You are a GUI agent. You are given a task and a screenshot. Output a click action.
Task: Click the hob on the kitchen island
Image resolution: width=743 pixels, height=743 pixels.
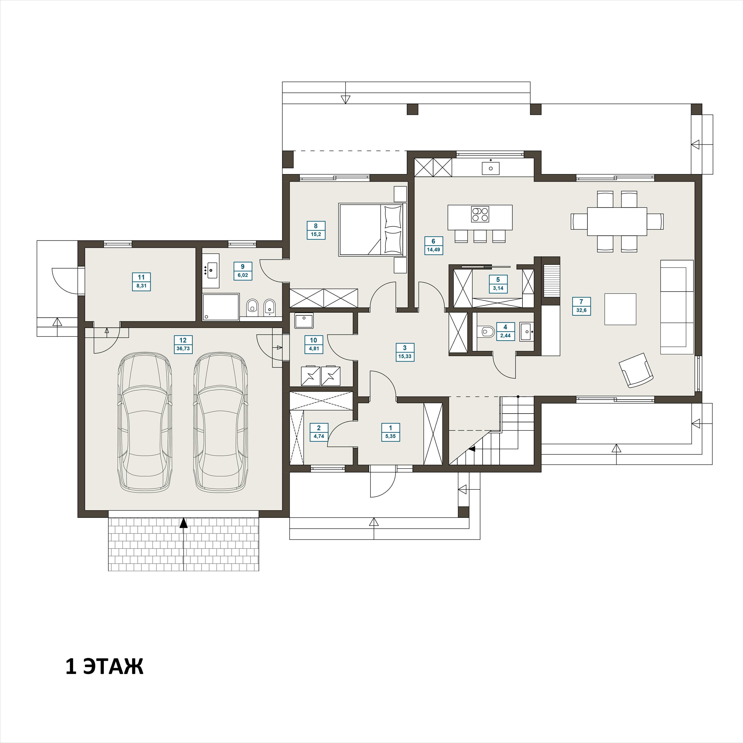point(480,214)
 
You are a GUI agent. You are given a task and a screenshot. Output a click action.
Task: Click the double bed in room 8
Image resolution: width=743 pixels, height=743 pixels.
point(372,230)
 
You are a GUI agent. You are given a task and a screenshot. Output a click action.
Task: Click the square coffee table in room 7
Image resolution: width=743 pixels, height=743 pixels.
point(620,309)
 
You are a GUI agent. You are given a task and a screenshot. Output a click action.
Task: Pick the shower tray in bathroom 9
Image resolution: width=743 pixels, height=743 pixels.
point(221,307)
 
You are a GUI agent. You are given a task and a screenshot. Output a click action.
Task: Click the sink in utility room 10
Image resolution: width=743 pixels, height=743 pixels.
point(304,320)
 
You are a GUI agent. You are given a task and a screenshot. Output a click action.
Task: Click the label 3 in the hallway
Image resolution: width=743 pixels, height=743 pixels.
point(405,348)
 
